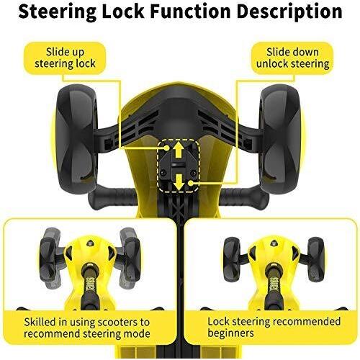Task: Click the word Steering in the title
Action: click(x=57, y=12)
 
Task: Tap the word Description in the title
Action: click(x=289, y=12)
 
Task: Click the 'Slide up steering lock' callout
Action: click(x=65, y=58)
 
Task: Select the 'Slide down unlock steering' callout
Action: click(x=292, y=58)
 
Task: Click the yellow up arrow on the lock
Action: click(x=178, y=150)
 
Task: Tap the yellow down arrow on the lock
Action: click(x=179, y=182)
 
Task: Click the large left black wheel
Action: click(x=77, y=138)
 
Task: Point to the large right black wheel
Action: click(x=280, y=138)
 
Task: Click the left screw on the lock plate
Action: click(x=163, y=172)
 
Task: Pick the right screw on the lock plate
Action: click(x=192, y=172)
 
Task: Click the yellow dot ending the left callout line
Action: click(x=166, y=148)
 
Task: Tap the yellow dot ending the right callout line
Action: click(x=190, y=183)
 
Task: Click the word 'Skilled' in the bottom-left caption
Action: click(x=40, y=322)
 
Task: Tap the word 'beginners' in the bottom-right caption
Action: click(x=230, y=333)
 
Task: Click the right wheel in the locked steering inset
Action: click(x=317, y=259)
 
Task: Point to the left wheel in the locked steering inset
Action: click(x=232, y=259)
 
